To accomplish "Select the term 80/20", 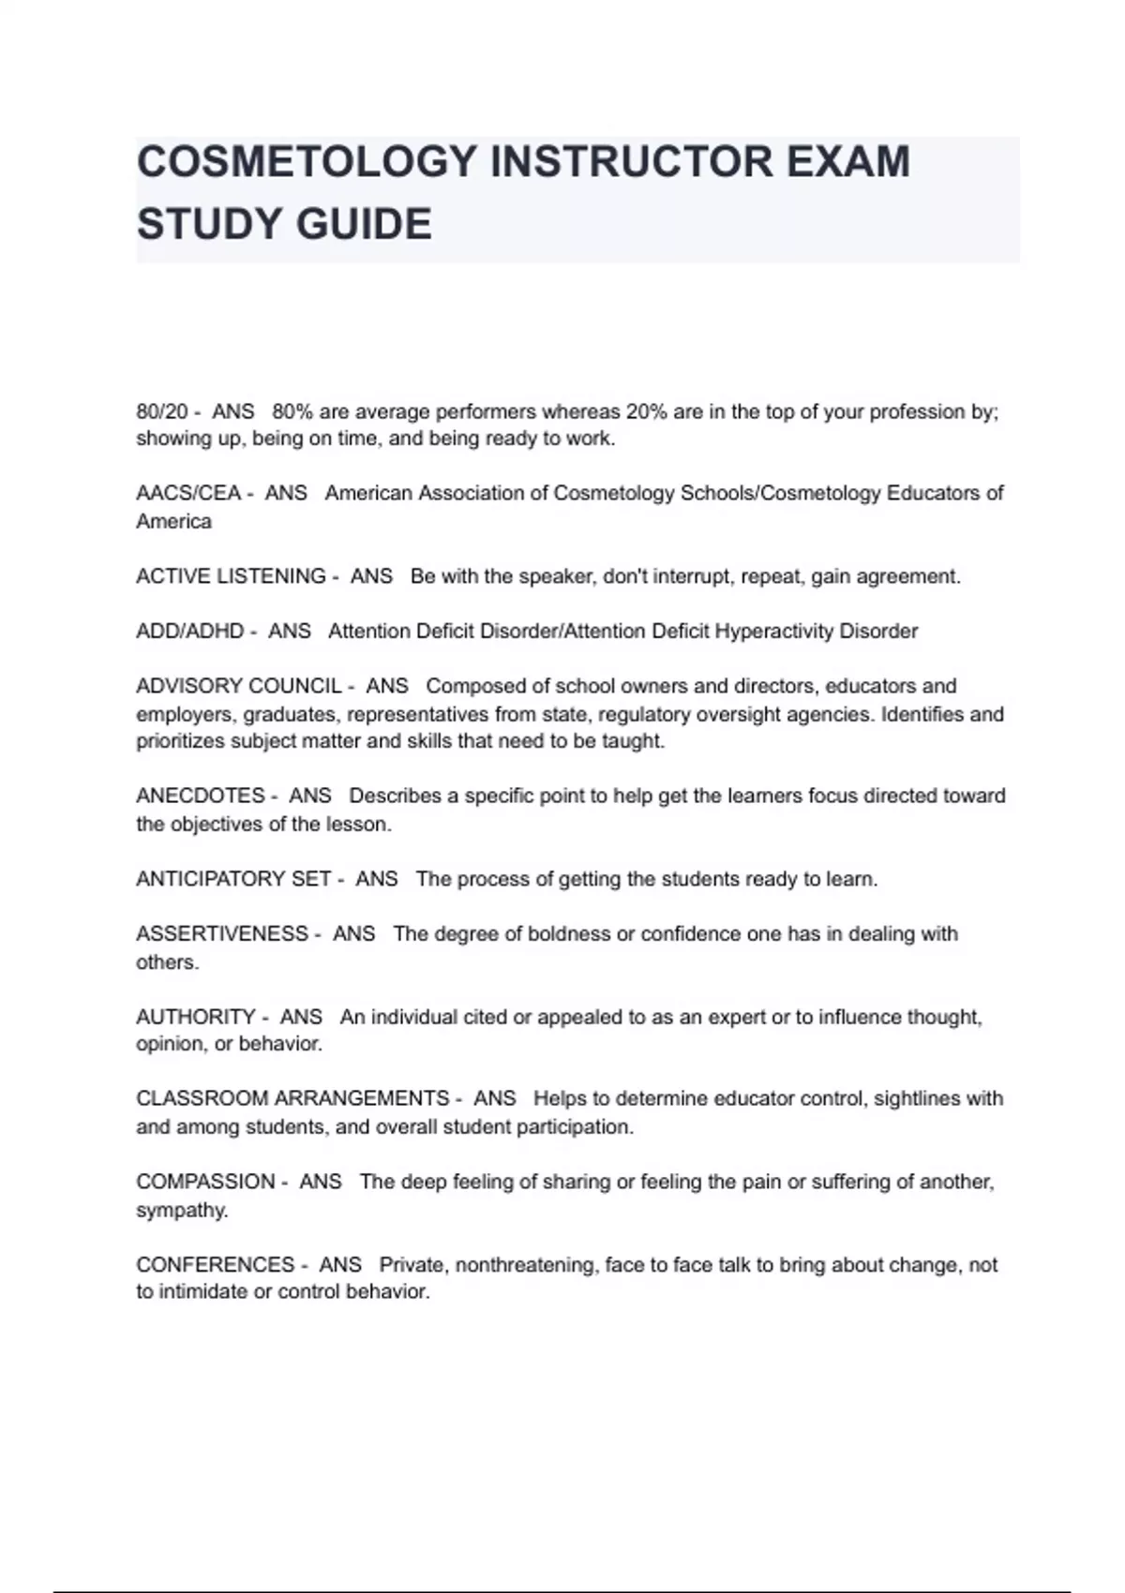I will pyautogui.click(x=162, y=411).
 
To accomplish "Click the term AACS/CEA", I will pyautogui.click(x=187, y=493).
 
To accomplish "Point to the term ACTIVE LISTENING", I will pyautogui.click(x=231, y=576).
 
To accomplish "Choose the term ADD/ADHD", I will pyautogui.click(x=189, y=631).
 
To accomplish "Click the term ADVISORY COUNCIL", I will pyautogui.click(x=238, y=686).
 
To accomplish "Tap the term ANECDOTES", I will pyautogui.click(x=200, y=796).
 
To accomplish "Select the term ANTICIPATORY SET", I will pyautogui.click(x=232, y=879).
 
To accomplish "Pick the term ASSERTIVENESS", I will pyautogui.click(x=221, y=933).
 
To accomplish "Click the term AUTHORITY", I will pyautogui.click(x=195, y=1017).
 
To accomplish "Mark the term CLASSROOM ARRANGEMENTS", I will pyautogui.click(x=292, y=1098).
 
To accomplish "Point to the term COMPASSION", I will pyautogui.click(x=205, y=1182).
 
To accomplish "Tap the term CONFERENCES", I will pyautogui.click(x=215, y=1265).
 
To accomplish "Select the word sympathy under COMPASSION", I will pyautogui.click(x=182, y=1210).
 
